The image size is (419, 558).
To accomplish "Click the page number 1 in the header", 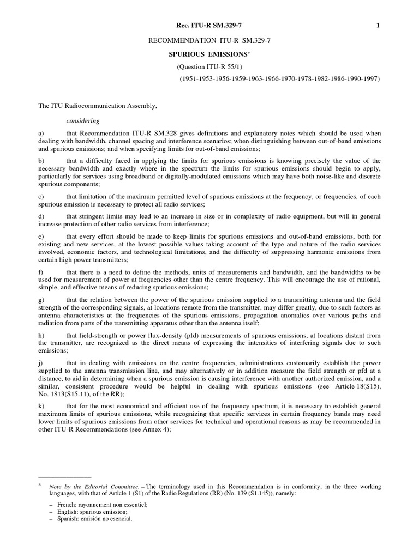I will pos(378,25).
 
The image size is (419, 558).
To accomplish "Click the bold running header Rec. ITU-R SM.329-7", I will pos(209,25).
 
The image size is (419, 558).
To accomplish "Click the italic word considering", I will pos(83,120).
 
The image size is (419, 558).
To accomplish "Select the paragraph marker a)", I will pos(41,134).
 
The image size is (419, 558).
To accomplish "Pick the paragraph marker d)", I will pos(41,216).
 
